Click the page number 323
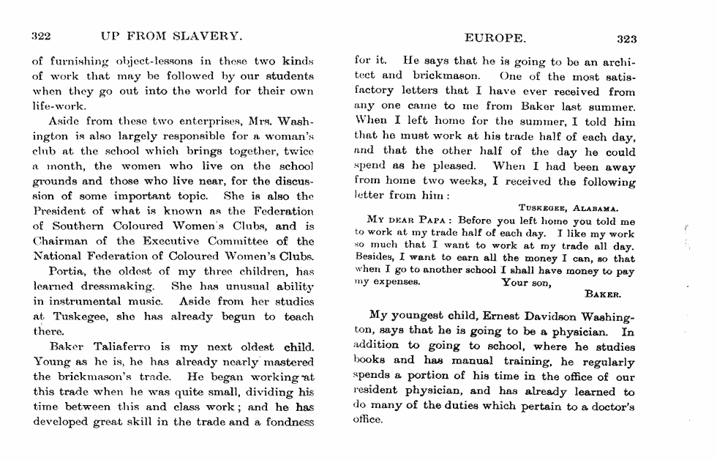[x=627, y=39]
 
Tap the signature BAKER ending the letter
[x=603, y=294]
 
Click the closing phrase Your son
[x=526, y=282]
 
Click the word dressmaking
[x=119, y=286]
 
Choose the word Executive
[x=157, y=241]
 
